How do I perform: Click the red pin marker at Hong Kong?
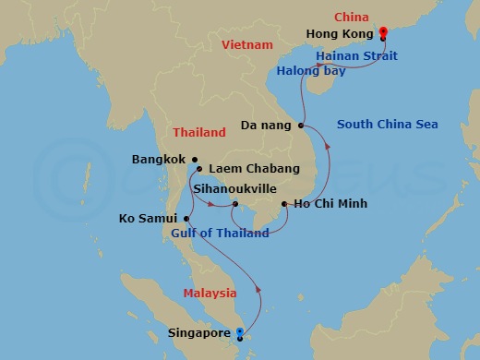[382, 32]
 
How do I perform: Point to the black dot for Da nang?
[301, 125]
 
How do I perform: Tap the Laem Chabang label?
[255, 169]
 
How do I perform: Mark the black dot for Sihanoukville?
[235, 204]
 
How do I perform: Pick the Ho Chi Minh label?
[330, 203]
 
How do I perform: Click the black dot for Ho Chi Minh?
[284, 203]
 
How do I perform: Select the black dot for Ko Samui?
[186, 219]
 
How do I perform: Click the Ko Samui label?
[150, 219]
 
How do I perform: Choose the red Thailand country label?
[198, 131]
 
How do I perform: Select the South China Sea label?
[387, 125]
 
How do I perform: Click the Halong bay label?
[312, 71]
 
